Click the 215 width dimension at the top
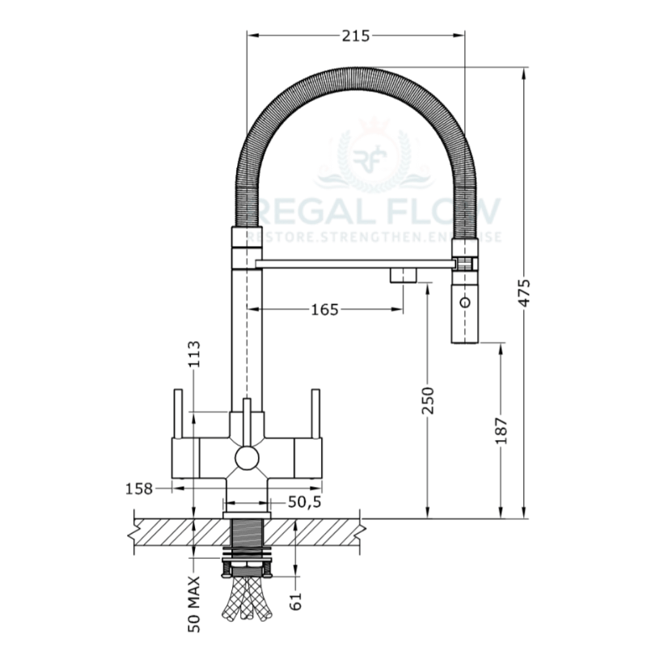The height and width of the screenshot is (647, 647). (x=356, y=36)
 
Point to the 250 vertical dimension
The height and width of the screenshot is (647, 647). (x=428, y=401)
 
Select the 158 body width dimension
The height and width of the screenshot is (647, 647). (x=139, y=488)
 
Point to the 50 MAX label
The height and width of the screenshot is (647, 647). (x=194, y=602)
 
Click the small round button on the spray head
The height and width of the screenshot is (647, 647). (x=464, y=302)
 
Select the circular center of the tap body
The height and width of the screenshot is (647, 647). (x=247, y=459)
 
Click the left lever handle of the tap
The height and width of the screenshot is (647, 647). (x=176, y=413)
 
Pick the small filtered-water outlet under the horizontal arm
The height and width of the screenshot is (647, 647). (x=402, y=276)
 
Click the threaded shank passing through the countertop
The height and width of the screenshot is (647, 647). (x=246, y=539)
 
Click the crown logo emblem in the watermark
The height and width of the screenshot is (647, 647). (x=374, y=154)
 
